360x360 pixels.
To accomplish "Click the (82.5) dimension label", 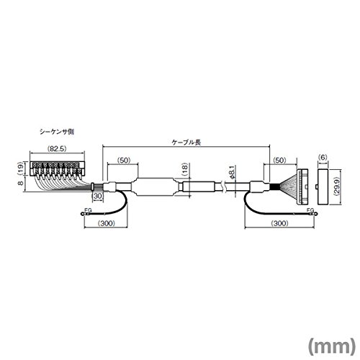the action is (57, 149).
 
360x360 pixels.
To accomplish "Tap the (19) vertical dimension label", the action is (21, 168).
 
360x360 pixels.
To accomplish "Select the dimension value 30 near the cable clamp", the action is (98, 196).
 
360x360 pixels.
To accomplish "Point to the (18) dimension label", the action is (185, 170).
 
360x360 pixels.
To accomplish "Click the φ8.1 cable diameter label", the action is (232, 172).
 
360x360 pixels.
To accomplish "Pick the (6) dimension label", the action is (323, 158).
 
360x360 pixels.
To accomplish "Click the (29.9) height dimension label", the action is (336, 187).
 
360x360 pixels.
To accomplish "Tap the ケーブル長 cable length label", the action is (186, 143).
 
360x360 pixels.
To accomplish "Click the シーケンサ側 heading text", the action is (57, 132).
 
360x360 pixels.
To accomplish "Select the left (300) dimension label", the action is (107, 223).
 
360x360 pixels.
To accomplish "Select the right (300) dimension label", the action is (279, 223).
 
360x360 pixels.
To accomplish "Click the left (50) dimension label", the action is (124, 160).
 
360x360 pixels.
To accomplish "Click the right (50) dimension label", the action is (279, 160).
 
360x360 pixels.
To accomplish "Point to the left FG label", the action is (89, 210).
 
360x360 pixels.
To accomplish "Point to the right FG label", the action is (310, 210).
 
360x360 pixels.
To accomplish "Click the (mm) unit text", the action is (331, 346).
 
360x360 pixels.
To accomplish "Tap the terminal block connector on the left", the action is (57, 169).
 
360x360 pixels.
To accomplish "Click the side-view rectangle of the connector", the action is (323, 187).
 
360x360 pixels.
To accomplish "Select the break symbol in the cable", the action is (225, 186).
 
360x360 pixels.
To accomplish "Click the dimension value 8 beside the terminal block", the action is (21, 183).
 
